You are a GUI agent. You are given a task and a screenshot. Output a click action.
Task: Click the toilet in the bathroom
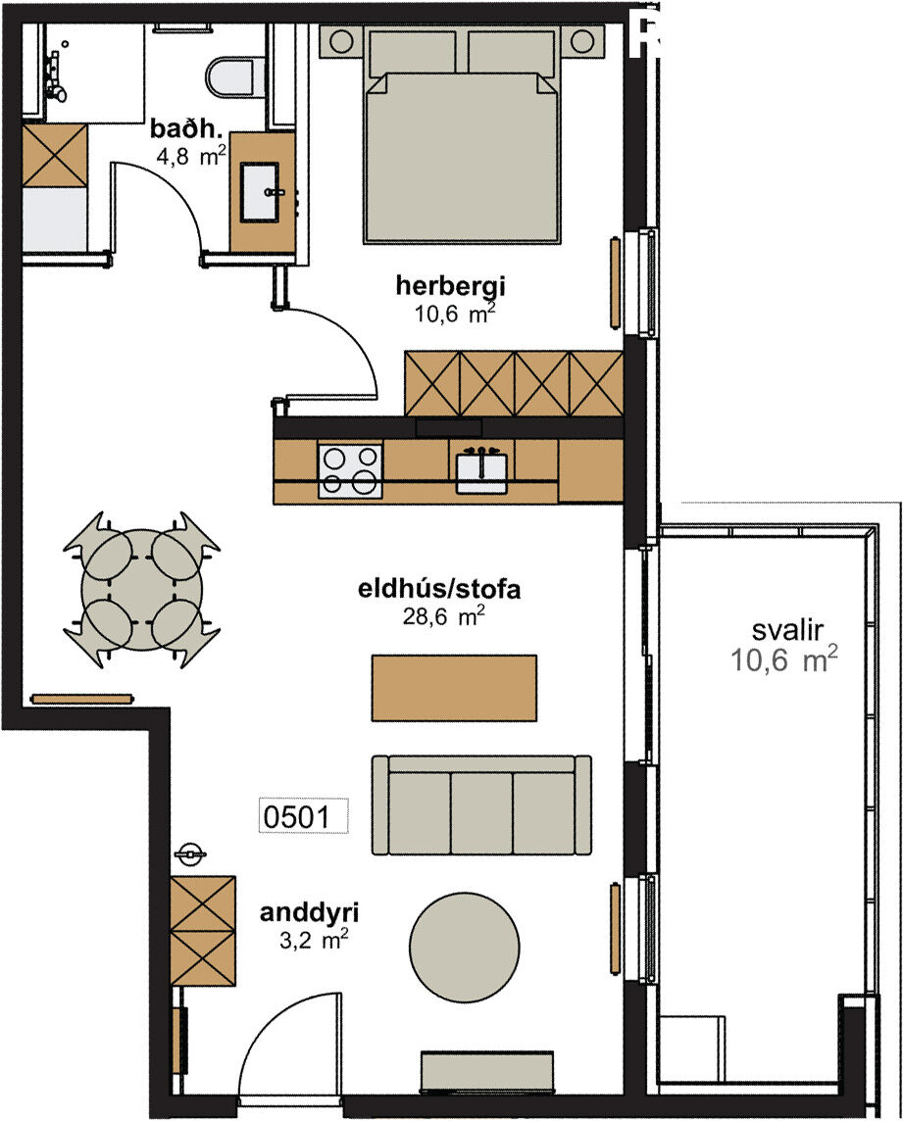pos(230,77)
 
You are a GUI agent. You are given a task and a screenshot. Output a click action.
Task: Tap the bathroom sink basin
pos(259,192)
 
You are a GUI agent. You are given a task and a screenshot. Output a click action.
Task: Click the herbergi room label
pos(451,286)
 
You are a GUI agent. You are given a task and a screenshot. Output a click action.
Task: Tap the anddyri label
pos(309,913)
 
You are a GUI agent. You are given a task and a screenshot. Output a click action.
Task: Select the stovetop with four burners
pos(350,470)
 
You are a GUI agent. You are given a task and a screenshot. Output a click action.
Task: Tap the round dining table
pos(141,589)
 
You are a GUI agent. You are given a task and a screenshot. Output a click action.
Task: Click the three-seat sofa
pos(481,805)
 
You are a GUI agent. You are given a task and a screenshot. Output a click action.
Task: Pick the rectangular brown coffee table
pos(454,688)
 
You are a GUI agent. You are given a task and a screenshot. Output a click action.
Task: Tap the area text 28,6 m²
pos(443,614)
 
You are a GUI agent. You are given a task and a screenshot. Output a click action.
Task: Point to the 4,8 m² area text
pos(192,155)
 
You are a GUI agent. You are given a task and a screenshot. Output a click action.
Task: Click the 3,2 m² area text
pos(314,940)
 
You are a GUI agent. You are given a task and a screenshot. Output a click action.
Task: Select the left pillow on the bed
pos(413,52)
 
